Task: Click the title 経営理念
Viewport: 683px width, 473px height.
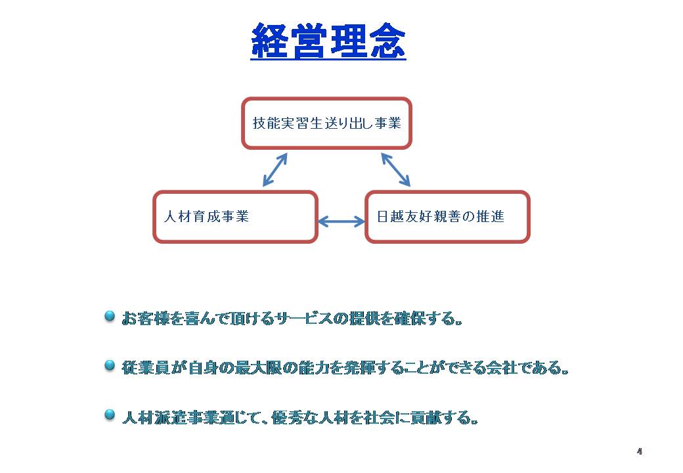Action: tap(328, 41)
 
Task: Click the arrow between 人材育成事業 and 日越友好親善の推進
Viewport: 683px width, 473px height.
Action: tap(341, 221)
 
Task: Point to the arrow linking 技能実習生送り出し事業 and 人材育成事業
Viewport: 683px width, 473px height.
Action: tap(275, 169)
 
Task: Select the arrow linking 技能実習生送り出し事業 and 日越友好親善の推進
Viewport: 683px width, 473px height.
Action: tap(395, 169)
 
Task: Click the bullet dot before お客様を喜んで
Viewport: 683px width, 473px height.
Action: tap(110, 316)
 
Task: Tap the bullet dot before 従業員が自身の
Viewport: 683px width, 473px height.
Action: tap(110, 365)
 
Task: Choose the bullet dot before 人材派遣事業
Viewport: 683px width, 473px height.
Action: tap(110, 415)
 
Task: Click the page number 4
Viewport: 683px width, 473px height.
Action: tap(640, 451)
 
